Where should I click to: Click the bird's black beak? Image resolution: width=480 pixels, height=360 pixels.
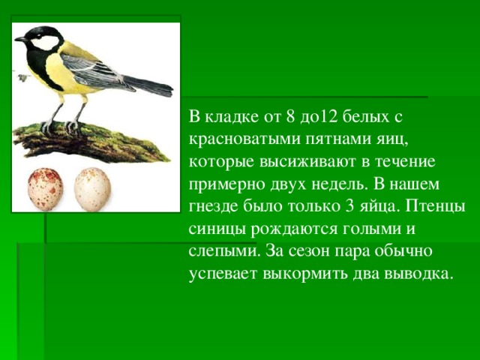pos(21,39)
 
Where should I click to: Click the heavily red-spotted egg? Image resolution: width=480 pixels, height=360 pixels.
pos(45,190)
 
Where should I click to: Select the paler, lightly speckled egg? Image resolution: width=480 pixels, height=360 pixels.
pos(92,190)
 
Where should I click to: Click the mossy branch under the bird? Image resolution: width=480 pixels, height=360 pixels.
pos(88,142)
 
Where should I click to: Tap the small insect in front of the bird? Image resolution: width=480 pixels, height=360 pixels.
pos(22,78)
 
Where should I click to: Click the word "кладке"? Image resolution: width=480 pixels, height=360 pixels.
pos(232,117)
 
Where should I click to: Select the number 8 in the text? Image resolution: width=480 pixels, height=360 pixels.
pos(291,117)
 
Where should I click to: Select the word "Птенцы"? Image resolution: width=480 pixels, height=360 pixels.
pos(436,207)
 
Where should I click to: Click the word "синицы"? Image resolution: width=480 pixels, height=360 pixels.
pos(217,230)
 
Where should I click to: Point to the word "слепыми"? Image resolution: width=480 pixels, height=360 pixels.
pos(224,252)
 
